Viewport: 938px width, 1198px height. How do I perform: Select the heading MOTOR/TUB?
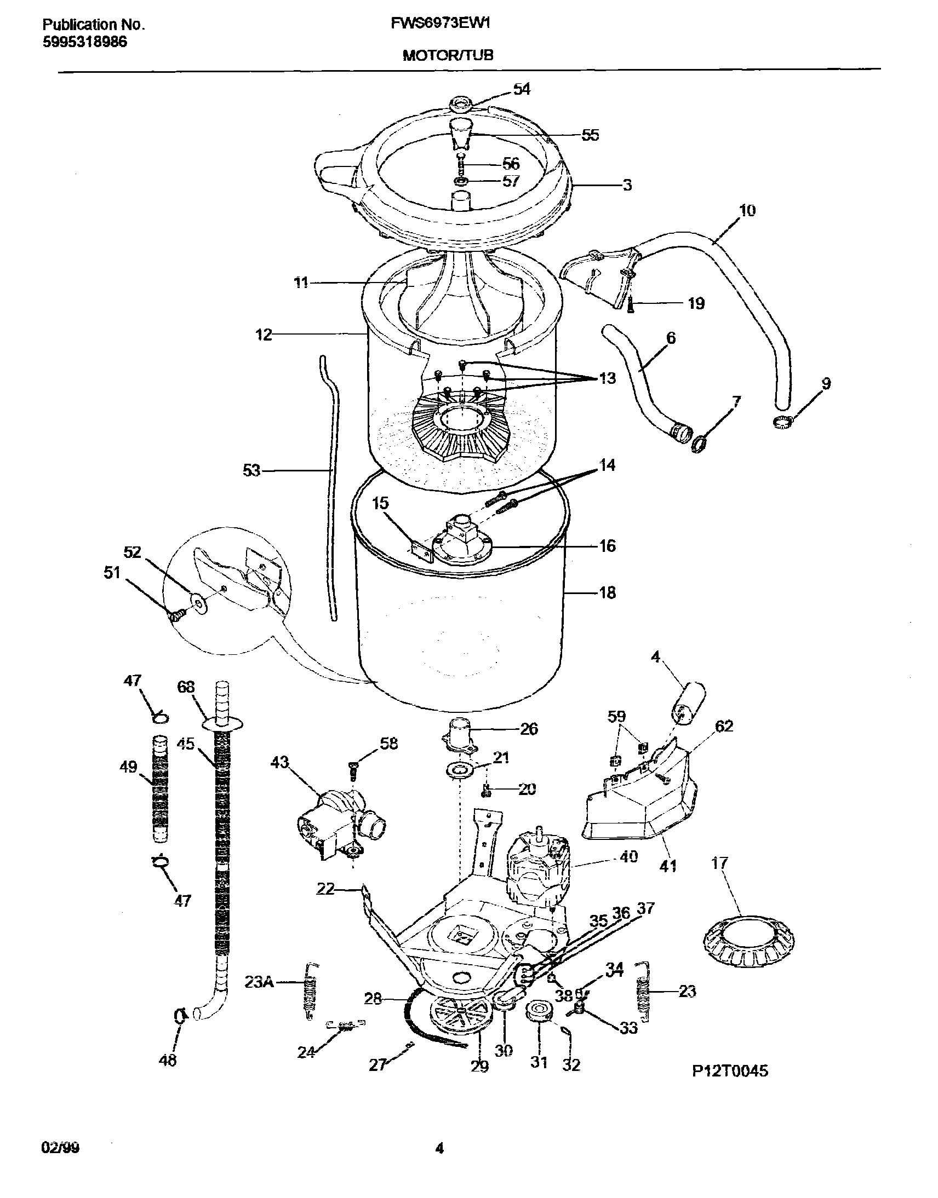coord(448,55)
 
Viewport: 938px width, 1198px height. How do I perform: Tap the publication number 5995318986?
coord(84,42)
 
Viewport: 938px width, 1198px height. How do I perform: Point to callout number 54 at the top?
coord(521,89)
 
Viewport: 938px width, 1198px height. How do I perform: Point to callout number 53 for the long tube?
coord(251,470)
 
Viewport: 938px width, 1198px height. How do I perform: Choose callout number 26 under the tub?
coord(528,729)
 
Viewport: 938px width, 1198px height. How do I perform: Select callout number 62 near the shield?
coord(724,726)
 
